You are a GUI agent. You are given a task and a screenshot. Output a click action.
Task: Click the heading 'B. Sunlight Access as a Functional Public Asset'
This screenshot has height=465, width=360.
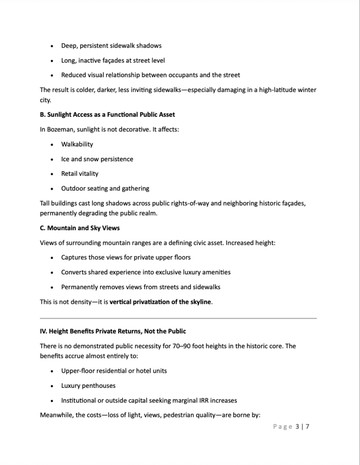pyautogui.click(x=107, y=114)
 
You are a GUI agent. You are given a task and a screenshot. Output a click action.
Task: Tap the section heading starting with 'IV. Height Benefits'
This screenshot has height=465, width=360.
pyautogui.click(x=113, y=331)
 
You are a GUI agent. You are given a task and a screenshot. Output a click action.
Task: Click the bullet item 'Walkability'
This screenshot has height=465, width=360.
pyautogui.click(x=77, y=144)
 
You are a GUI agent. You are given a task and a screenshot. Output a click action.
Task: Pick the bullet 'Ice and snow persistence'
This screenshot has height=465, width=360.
pyautogui.click(x=97, y=159)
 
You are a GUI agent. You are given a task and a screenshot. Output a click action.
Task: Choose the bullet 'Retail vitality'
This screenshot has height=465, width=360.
pyautogui.click(x=80, y=173)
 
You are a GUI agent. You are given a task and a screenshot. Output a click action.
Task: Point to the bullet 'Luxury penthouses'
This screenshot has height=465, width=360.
pyautogui.click(x=88, y=386)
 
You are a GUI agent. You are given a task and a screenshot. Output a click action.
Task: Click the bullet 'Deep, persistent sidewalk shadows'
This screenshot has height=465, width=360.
pyautogui.click(x=111, y=45)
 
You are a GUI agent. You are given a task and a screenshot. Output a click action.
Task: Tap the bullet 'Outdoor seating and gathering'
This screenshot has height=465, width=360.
pyautogui.click(x=105, y=188)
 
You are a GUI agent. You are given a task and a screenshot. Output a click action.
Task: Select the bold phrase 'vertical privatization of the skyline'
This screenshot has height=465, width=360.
pyautogui.click(x=160, y=302)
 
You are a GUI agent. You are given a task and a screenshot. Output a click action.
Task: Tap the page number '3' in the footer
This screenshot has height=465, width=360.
pyautogui.click(x=297, y=426)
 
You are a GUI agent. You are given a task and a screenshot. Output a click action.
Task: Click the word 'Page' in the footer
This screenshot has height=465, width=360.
pyautogui.click(x=282, y=426)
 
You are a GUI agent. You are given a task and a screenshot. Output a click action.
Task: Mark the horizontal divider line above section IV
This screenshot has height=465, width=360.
pyautogui.click(x=178, y=318)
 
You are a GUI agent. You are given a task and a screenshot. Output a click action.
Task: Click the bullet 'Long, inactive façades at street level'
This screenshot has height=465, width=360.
pyautogui.click(x=113, y=60)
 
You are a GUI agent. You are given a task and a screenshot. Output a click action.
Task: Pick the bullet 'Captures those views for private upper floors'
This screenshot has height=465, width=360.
pyautogui.click(x=126, y=257)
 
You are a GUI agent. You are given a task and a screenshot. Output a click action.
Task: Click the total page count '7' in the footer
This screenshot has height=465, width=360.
pyautogui.click(x=307, y=426)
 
